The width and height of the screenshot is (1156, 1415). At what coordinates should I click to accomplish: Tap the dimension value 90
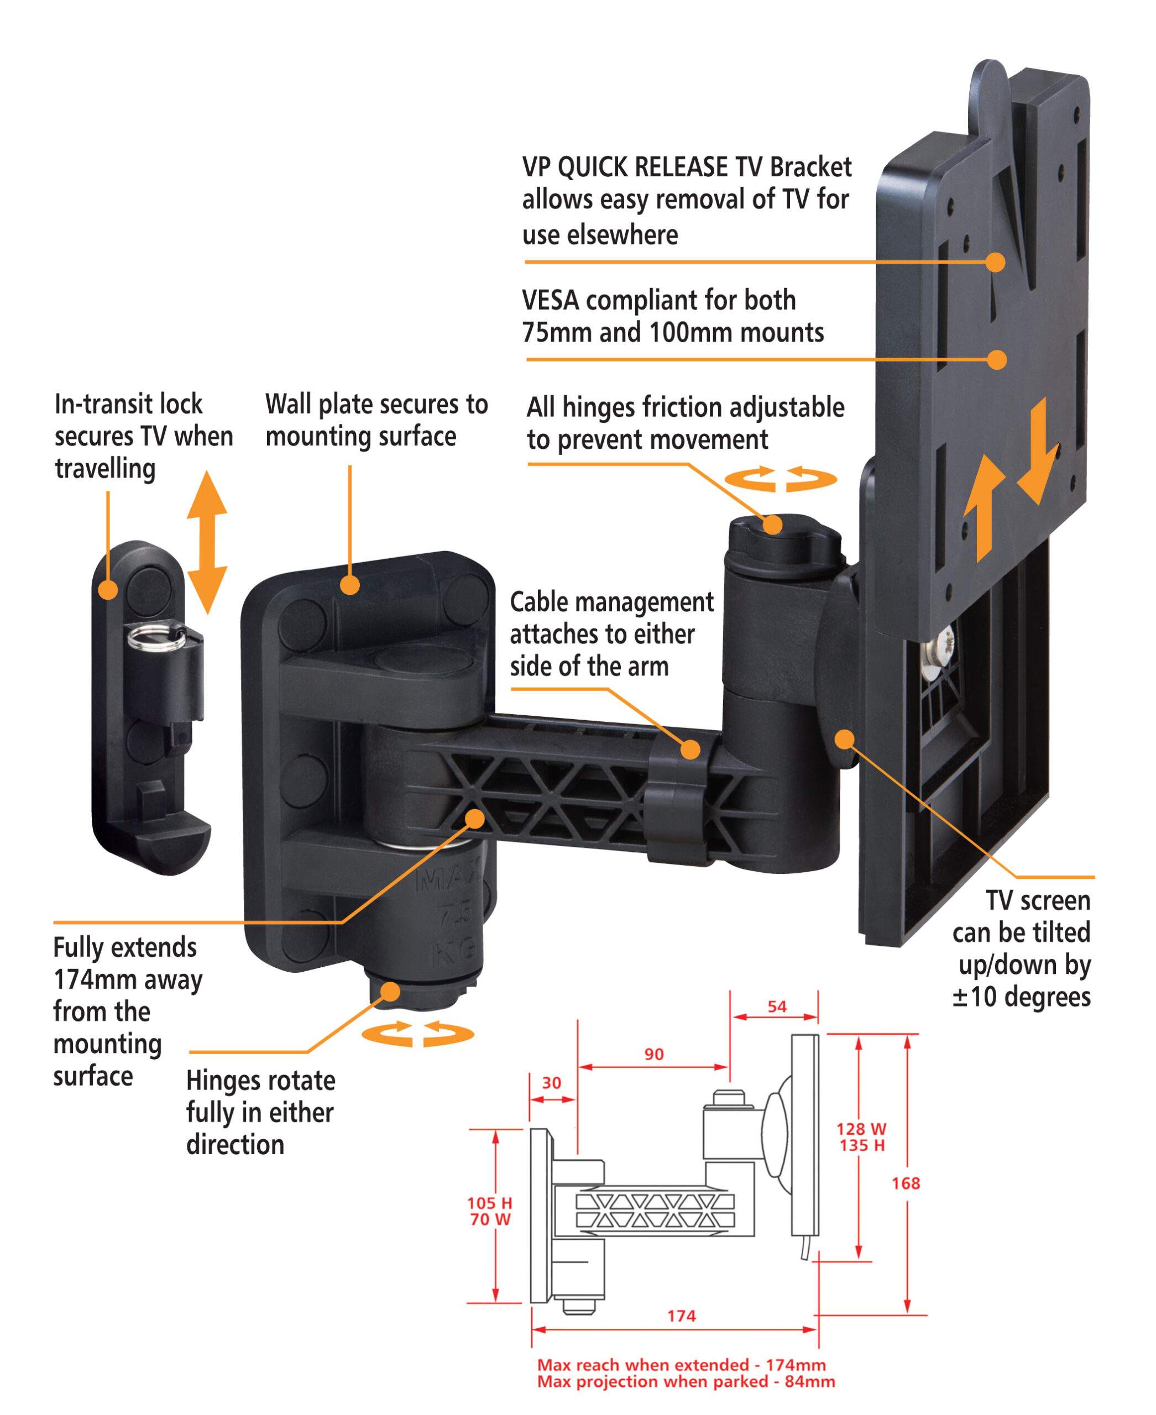[654, 1054]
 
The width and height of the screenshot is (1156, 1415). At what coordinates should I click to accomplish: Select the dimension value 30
[551, 1083]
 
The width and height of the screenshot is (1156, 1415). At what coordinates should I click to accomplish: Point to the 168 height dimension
[906, 1183]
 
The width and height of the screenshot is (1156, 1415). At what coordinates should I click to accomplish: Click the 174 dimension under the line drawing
[681, 1316]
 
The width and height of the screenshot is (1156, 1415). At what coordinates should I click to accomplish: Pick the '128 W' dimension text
[861, 1129]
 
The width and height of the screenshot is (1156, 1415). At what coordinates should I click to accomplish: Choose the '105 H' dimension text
[489, 1203]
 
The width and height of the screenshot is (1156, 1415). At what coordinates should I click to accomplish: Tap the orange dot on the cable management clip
[691, 749]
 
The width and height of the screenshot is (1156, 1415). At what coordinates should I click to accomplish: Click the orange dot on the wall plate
[349, 585]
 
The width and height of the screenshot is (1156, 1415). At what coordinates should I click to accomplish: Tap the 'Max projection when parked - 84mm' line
[686, 1382]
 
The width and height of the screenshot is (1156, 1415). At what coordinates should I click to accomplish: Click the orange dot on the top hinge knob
[772, 525]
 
